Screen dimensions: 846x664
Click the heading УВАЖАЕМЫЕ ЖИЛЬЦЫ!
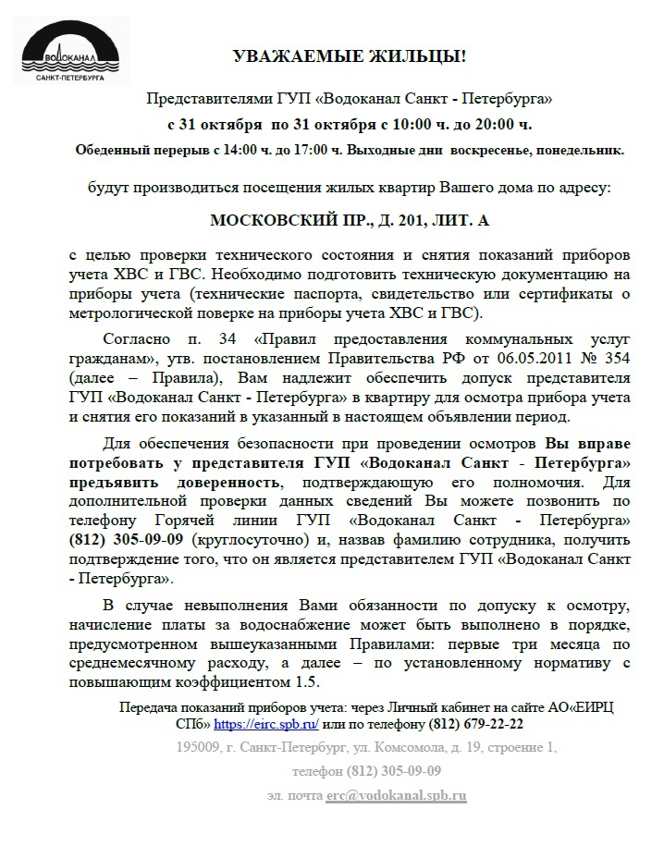(x=349, y=58)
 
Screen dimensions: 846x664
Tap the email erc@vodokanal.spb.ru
(x=395, y=794)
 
